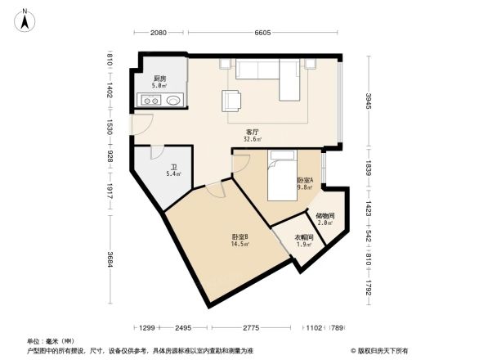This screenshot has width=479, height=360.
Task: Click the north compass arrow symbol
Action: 25,20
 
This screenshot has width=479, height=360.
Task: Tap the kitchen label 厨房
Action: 159,79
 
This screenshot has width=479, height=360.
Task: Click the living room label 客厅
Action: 253,132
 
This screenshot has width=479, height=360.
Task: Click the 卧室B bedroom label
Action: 240,238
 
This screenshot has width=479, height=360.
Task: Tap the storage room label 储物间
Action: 325,216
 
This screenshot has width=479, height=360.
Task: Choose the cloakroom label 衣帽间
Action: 303,238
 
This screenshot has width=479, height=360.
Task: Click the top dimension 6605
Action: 262,33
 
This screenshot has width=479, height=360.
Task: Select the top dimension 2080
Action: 159,33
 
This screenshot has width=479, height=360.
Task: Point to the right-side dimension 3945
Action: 368,101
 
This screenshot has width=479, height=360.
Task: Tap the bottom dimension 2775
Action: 251,327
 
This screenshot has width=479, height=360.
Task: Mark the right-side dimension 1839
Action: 368,169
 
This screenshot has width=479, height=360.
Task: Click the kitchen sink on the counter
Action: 172,101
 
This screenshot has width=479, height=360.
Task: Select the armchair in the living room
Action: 231,100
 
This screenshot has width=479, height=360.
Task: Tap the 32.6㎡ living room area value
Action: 253,140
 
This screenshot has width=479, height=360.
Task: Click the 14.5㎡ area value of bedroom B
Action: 240,245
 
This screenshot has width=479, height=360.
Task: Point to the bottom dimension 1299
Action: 147,327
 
